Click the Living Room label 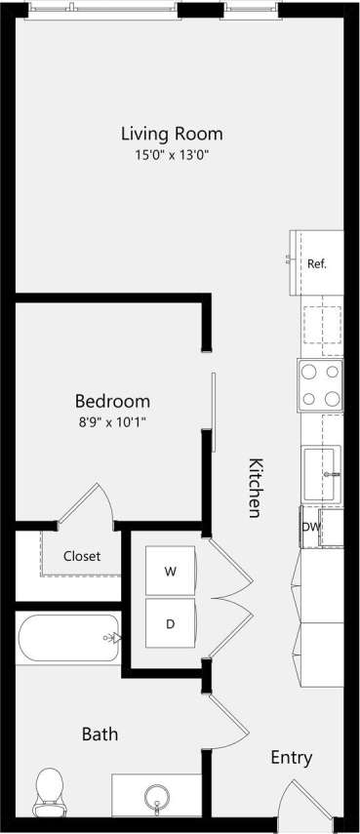[x=172, y=133]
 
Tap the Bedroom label [x=113, y=401]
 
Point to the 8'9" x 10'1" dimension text [x=113, y=421]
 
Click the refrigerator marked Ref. [x=317, y=263]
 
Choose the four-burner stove [x=321, y=385]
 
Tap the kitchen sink [x=321, y=474]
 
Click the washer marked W [x=172, y=572]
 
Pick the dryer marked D [x=172, y=623]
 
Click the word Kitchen [x=254, y=488]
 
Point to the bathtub [x=68, y=638]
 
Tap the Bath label [x=100, y=734]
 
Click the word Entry [x=292, y=758]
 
